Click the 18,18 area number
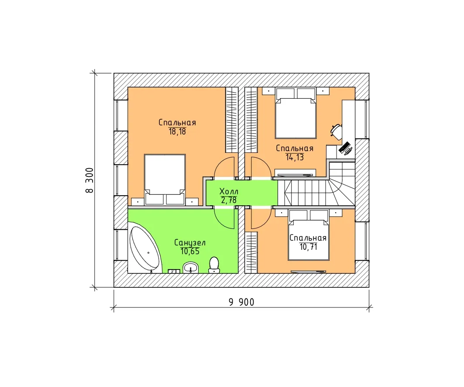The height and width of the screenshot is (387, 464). (x=177, y=131)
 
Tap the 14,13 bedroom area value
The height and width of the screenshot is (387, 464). (x=295, y=157)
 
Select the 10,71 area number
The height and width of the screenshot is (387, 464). (x=308, y=247)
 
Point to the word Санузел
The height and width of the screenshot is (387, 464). (x=190, y=243)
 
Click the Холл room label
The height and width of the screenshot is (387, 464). (x=229, y=191)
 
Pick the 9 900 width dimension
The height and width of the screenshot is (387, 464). (x=241, y=302)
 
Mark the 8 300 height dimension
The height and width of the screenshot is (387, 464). (x=89, y=180)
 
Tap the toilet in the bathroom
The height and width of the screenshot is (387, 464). (x=214, y=265)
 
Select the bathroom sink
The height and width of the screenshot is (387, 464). (x=191, y=268)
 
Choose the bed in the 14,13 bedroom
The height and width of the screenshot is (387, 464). (x=296, y=114)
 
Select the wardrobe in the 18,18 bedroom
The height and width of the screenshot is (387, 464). (x=232, y=120)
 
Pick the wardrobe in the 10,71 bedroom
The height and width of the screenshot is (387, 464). (x=251, y=252)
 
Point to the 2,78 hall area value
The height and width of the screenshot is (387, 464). (x=229, y=200)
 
